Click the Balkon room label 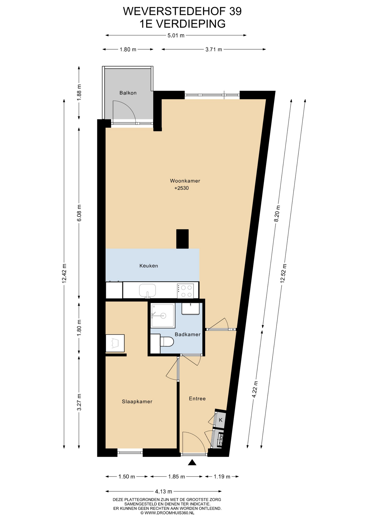tap(128, 93)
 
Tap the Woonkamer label tap(185, 181)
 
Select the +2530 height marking tap(182, 188)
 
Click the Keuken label tap(149, 266)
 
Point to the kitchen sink tap(147, 291)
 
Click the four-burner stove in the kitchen tap(185, 291)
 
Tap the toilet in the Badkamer tap(167, 342)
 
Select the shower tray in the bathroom tap(163, 316)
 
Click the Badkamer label tap(188, 334)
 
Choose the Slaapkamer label tap(137, 402)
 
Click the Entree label tap(197, 399)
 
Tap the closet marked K tap(220, 420)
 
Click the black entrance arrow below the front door tap(192, 462)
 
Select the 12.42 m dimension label tap(64, 273)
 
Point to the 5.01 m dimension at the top tap(176, 35)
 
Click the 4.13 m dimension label tap(163, 491)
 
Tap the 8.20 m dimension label tap(277, 214)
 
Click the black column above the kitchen tap(182, 239)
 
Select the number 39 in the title tap(235, 11)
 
